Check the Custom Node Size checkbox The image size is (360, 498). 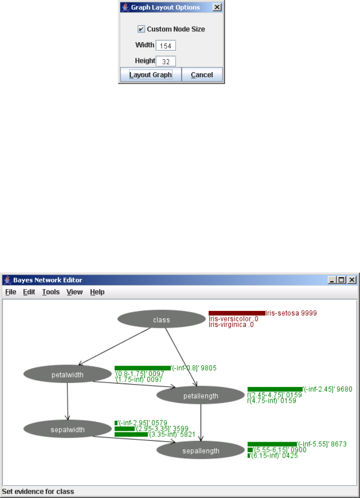click(x=141, y=29)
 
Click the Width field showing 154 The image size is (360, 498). click(x=166, y=46)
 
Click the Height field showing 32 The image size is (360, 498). click(x=166, y=62)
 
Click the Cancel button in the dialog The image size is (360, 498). click(x=202, y=75)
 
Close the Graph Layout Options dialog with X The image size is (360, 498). click(x=217, y=7)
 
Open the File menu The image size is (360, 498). click(x=11, y=292)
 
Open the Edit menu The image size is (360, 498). click(x=29, y=292)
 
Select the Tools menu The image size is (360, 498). click(x=51, y=292)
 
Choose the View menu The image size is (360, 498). click(x=74, y=292)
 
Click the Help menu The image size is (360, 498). click(x=97, y=292)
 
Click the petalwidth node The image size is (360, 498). click(x=67, y=375)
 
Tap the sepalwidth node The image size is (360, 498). click(x=67, y=429)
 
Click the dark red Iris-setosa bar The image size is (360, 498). click(x=237, y=313)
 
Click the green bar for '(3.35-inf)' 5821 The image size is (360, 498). click(x=131, y=434)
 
